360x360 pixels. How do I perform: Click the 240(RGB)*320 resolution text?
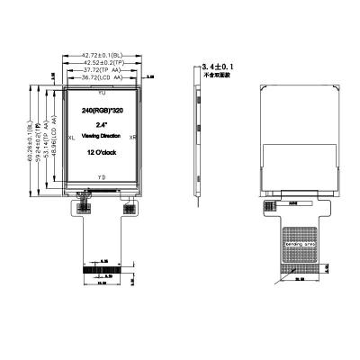point(100,109)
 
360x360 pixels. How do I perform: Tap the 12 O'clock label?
point(100,154)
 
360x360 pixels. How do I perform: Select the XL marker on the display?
point(71,138)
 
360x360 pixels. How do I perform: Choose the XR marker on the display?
point(132,138)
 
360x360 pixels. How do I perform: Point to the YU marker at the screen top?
point(101,94)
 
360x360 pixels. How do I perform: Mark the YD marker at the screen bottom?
point(101,178)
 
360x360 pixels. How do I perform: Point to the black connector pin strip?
point(101,269)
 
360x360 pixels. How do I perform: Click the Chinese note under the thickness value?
point(218,76)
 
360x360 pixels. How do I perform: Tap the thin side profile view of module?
point(198,135)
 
